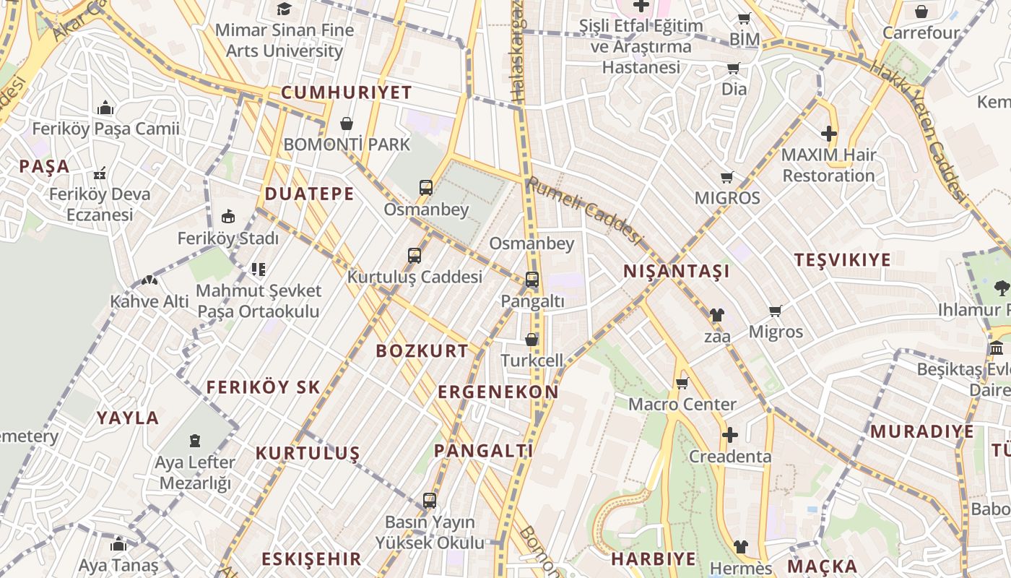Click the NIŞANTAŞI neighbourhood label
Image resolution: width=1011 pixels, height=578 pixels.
[677, 272]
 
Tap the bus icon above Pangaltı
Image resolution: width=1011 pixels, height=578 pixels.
[532, 279]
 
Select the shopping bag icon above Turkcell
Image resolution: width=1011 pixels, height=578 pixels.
[531, 339]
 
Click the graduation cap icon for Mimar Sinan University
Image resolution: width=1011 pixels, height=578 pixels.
[285, 9]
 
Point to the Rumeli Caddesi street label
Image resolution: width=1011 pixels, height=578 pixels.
[585, 210]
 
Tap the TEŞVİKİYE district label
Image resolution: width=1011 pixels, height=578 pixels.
[842, 260]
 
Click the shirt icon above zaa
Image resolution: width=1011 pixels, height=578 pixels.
[716, 314]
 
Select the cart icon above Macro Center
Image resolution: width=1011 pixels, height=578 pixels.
[682, 383]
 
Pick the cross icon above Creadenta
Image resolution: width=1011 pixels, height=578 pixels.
[730, 435]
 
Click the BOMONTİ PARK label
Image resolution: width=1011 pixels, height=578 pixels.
[347, 144]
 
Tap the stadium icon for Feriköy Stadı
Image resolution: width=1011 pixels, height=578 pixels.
[228, 216]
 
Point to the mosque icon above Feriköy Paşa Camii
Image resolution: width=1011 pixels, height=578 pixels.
[105, 108]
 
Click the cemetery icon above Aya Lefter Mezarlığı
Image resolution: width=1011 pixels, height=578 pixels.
[195, 440]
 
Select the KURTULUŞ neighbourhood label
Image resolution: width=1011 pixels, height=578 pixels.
[308, 454]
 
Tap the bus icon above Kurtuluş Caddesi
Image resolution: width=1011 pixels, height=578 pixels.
[415, 255]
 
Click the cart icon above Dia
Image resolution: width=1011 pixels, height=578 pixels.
[734, 69]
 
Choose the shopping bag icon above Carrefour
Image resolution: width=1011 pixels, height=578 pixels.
[921, 12]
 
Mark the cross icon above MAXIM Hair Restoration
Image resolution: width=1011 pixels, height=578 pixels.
[829, 134]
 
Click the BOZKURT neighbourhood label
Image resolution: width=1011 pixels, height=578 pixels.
[422, 351]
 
